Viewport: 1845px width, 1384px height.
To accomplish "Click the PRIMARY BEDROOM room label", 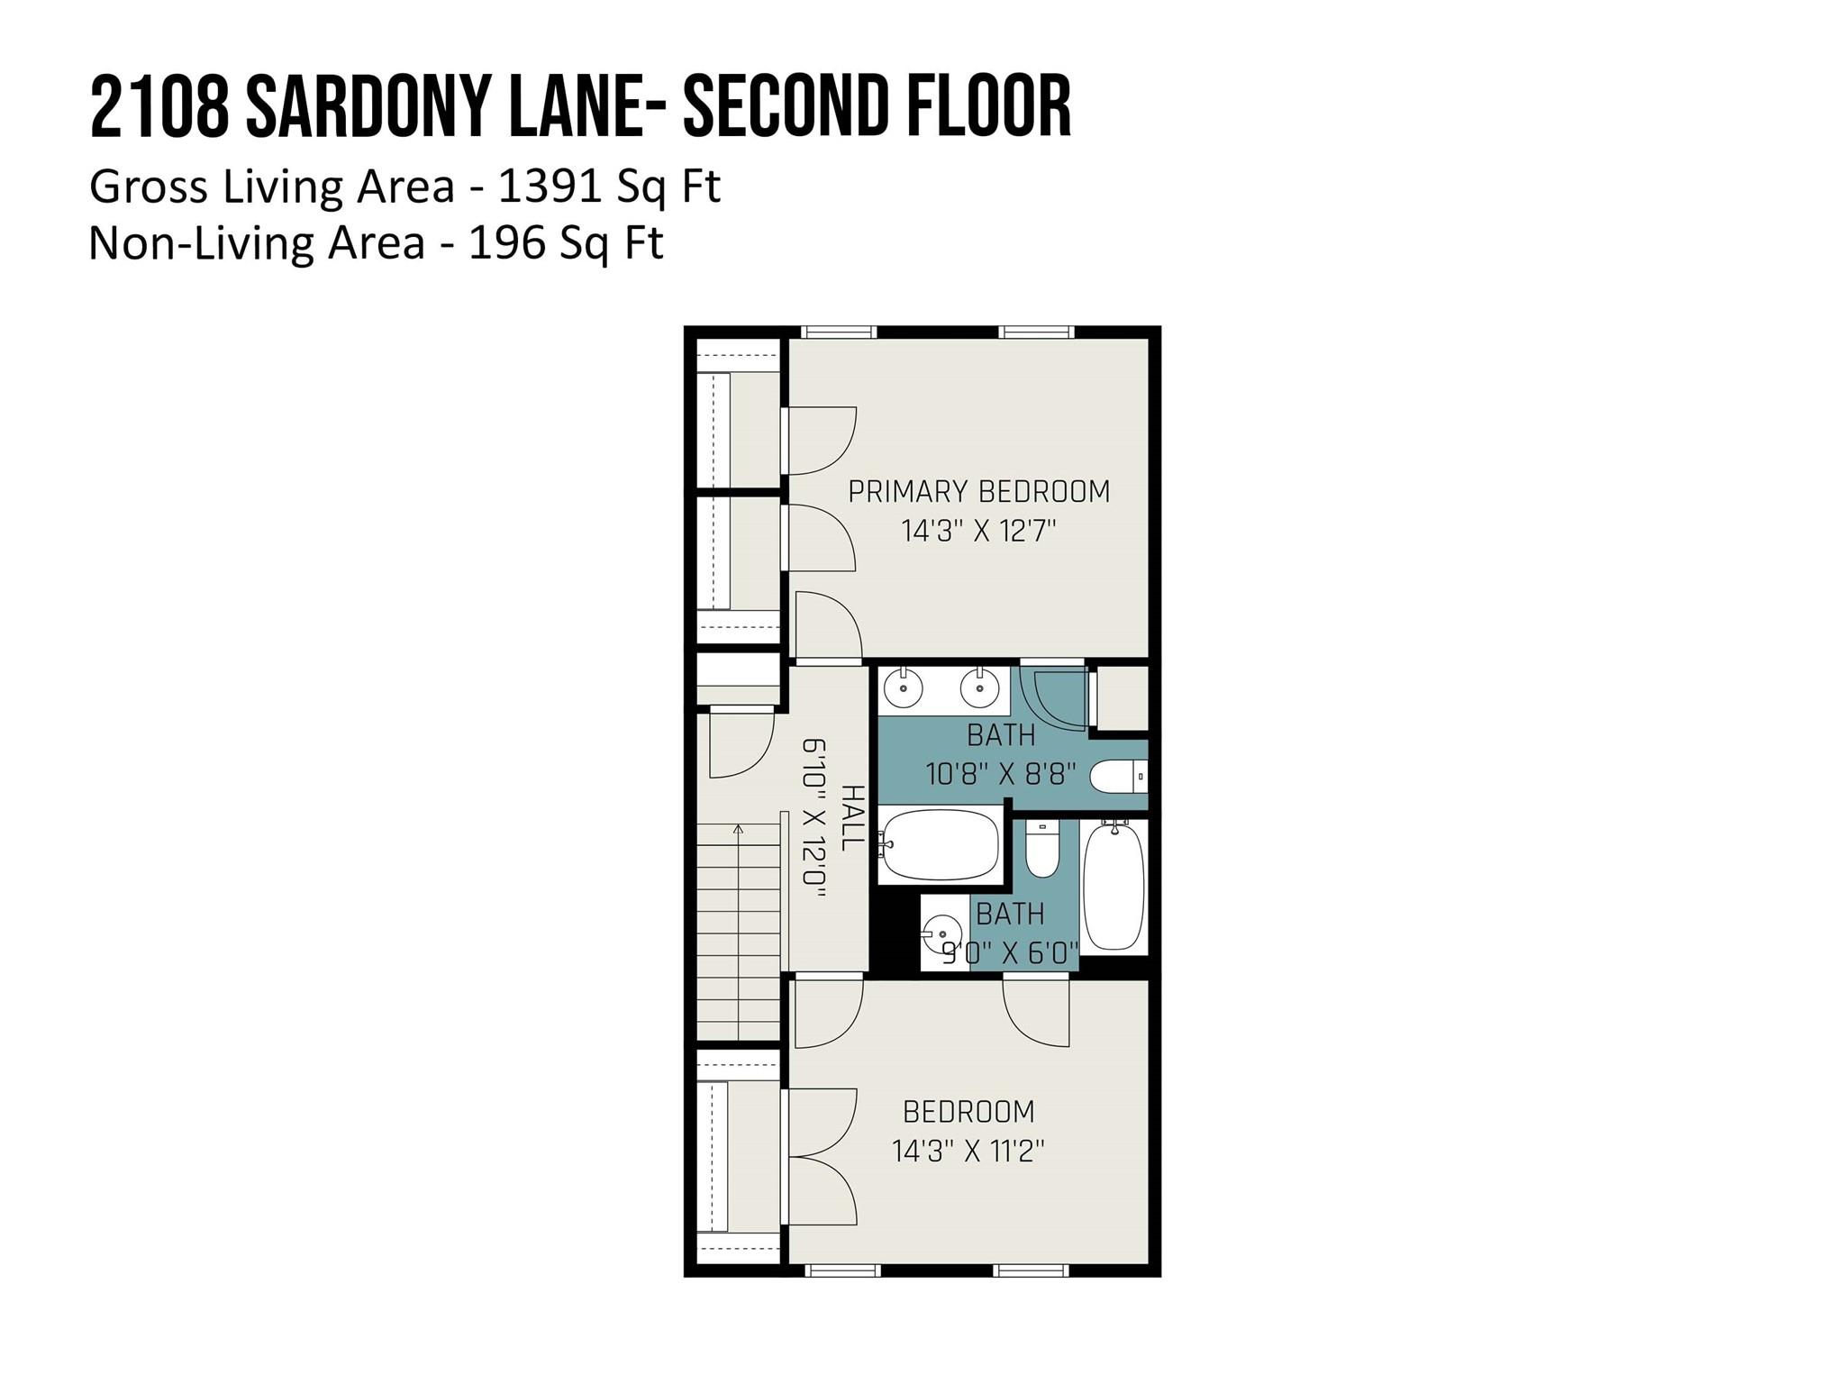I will point(978,492).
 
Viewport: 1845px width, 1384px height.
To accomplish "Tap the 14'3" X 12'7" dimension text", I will point(978,532).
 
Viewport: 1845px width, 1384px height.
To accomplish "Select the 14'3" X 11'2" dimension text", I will point(968,1152).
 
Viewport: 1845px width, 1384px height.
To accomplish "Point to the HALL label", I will point(851,817).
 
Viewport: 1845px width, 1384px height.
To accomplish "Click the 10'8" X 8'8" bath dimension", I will point(1001,774).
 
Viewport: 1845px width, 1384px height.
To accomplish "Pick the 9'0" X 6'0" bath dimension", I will point(1009,953).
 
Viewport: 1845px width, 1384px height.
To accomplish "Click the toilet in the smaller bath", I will point(1042,849).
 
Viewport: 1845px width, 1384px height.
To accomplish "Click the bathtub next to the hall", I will point(940,844).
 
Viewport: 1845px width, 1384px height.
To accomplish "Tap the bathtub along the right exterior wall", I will point(1114,886).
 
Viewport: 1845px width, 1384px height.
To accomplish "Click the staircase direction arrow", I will point(739,829).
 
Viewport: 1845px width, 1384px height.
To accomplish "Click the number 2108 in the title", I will point(159,108).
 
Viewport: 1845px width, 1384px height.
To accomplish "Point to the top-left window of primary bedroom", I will point(839,332).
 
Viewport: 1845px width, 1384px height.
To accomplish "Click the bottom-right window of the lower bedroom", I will point(1032,1270).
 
